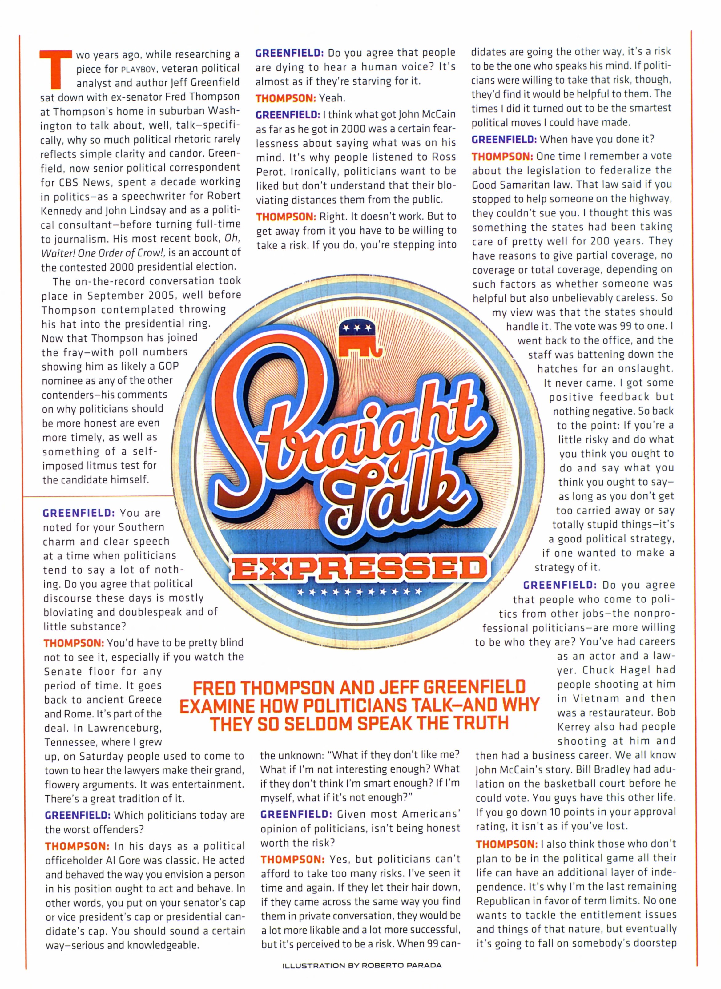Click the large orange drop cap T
point(55,69)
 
